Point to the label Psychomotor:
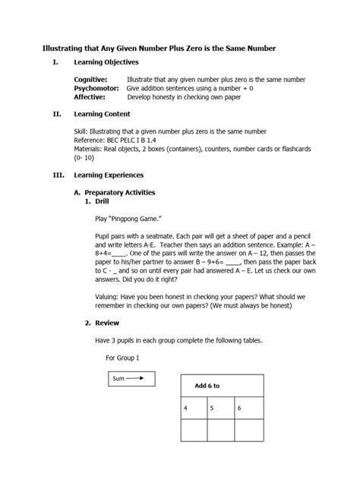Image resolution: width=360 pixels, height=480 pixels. click(x=96, y=88)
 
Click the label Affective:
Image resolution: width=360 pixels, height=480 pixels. click(x=89, y=97)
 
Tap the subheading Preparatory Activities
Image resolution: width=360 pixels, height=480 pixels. click(x=118, y=193)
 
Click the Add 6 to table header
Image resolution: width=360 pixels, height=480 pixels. click(x=207, y=386)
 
